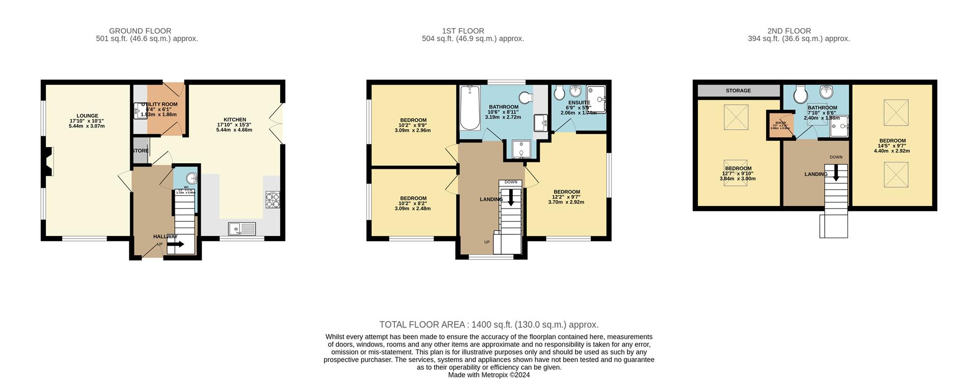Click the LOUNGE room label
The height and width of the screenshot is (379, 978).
pos(87,116)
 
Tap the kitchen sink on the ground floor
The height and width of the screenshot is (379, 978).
pos(242,229)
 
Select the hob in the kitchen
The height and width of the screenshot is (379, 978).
pos(273,199)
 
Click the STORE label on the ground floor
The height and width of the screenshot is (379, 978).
pos(141,151)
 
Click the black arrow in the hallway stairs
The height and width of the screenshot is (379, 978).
pos(176,244)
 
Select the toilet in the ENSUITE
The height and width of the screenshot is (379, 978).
pos(559,93)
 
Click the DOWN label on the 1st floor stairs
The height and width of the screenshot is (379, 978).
pos(511,182)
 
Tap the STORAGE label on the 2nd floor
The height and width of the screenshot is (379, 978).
pos(738,91)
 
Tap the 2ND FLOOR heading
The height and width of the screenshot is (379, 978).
pos(789,31)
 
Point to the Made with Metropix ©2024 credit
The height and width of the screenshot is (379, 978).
pos(488,375)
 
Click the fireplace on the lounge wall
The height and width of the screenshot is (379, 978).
pos(48,162)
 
